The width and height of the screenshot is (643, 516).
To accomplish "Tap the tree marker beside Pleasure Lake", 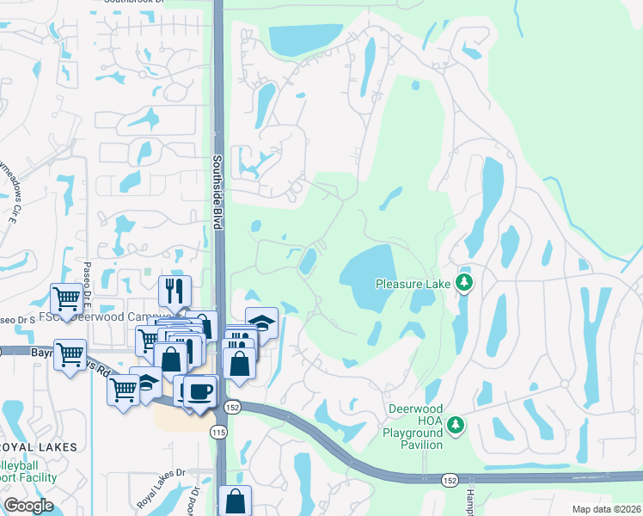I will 464,282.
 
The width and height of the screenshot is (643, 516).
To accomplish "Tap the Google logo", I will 28,505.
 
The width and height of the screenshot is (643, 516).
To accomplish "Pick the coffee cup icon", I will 200,391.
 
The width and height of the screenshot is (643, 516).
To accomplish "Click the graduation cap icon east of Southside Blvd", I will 261,323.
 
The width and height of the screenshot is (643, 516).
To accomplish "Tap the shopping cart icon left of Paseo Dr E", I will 67,300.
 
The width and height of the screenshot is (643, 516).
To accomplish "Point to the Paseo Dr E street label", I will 87,274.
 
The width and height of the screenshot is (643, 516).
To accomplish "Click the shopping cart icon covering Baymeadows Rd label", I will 70,353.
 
